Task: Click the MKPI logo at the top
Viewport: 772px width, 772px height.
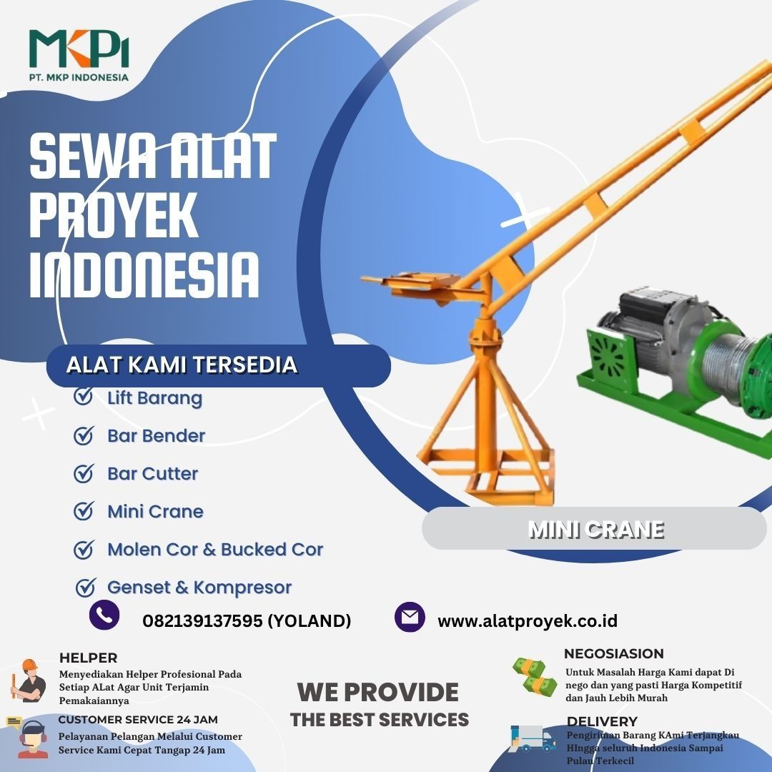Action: click(79, 55)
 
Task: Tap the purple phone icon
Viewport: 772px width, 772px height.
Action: click(104, 615)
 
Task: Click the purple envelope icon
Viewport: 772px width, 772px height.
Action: click(410, 616)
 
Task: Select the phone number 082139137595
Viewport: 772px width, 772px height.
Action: click(202, 621)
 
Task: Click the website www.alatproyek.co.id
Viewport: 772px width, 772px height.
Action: click(528, 621)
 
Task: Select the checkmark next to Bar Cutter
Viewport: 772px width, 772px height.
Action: click(84, 473)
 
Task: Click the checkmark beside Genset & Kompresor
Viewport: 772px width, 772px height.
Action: click(85, 587)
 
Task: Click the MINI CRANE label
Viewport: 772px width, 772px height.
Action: click(595, 530)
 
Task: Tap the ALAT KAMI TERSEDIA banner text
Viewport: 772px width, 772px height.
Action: click(182, 365)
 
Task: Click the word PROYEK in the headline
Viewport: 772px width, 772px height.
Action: click(114, 216)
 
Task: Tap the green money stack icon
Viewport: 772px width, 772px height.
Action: click(534, 677)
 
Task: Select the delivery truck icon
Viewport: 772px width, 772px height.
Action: click(533, 738)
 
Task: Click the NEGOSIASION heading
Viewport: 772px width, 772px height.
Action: click(613, 654)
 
